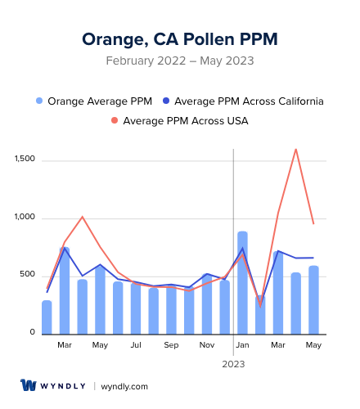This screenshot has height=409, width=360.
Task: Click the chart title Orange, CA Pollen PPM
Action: pyautogui.click(x=180, y=38)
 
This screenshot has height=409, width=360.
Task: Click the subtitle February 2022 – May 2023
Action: pyautogui.click(x=180, y=61)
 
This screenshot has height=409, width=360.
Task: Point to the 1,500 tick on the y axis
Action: pyautogui.click(x=25, y=160)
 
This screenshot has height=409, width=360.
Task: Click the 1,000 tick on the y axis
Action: pyautogui.click(x=25, y=218)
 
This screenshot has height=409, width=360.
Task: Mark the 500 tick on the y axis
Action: pyautogui.click(x=28, y=275)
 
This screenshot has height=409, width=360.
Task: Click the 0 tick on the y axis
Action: pyautogui.click(x=33, y=333)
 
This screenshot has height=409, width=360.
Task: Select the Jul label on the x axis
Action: pyautogui.click(x=136, y=346)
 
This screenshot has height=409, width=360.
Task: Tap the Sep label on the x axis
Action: pyautogui.click(x=171, y=346)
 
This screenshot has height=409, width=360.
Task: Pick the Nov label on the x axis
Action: pyautogui.click(x=207, y=346)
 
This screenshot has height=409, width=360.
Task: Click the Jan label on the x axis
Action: pyautogui.click(x=242, y=346)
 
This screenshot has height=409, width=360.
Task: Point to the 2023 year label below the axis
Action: pyautogui.click(x=233, y=364)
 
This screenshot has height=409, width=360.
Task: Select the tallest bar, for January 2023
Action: pyautogui.click(x=242, y=282)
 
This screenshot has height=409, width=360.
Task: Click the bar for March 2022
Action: pyautogui.click(x=65, y=290)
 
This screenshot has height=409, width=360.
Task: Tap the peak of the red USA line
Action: pyautogui.click(x=295, y=149)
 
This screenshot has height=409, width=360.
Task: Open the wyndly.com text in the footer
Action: pyautogui.click(x=124, y=386)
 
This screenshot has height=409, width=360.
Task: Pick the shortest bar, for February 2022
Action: pyautogui.click(x=47, y=317)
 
